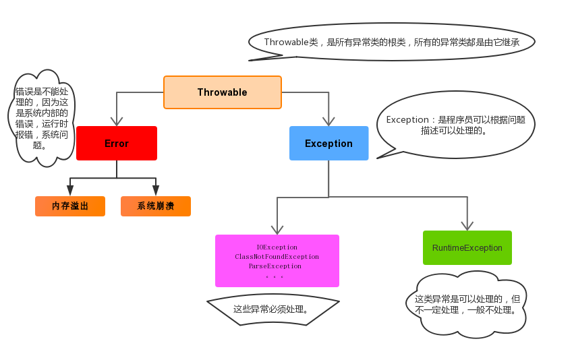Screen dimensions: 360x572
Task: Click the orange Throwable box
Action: click(222, 92)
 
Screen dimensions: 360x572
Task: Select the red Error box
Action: click(116, 144)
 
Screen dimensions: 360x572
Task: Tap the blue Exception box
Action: click(328, 144)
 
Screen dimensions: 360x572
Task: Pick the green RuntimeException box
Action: click(467, 248)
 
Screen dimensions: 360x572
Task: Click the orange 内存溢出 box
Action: click(70, 206)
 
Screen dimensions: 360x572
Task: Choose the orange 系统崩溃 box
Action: click(155, 206)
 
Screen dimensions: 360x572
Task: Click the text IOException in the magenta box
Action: click(277, 247)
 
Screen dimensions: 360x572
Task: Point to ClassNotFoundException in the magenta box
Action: click(277, 257)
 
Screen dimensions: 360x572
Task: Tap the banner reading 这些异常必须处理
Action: click(272, 310)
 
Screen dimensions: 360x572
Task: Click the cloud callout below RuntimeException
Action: click(466, 304)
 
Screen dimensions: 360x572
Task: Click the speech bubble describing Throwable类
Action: click(391, 42)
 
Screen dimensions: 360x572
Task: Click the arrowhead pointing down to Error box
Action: click(117, 121)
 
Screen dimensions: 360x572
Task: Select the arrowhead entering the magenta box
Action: click(277, 229)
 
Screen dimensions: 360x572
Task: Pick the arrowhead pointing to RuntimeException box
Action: click(467, 225)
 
